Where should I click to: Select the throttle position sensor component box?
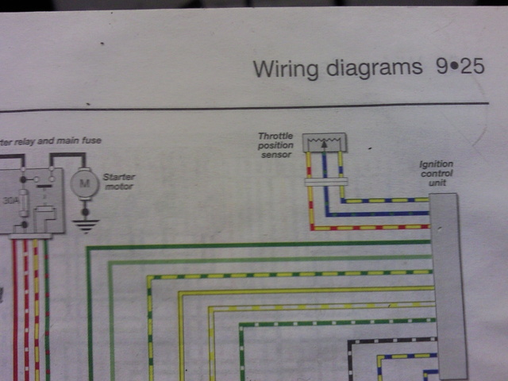coord(325,142)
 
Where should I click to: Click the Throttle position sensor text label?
coord(275,145)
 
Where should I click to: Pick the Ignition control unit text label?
coord(437,174)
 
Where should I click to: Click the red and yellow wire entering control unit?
coord(373,228)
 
